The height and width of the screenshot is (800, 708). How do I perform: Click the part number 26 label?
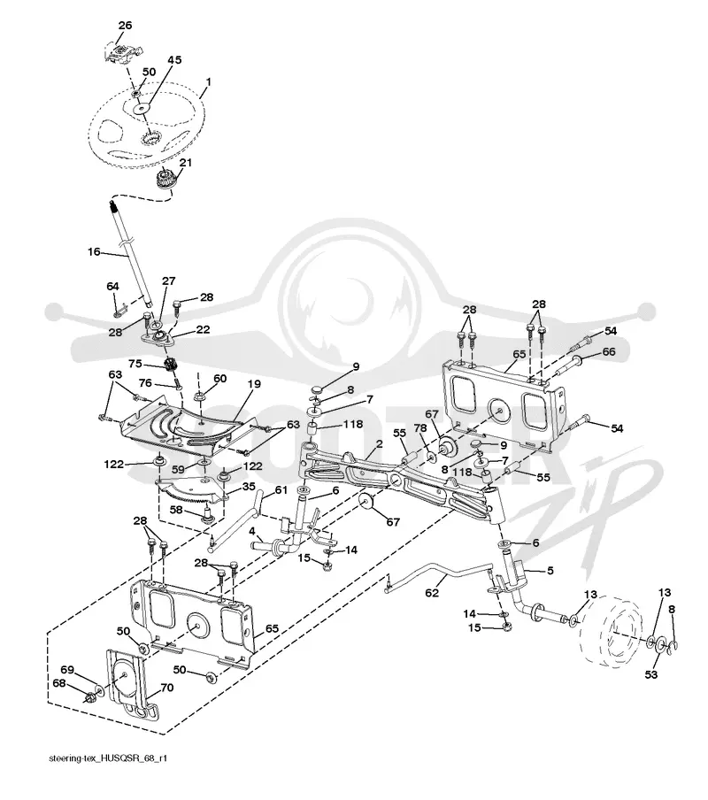(125, 25)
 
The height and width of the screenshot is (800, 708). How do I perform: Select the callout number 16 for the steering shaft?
(94, 252)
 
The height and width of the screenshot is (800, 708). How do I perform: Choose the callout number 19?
(254, 384)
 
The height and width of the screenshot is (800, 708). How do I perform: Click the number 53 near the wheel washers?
(650, 674)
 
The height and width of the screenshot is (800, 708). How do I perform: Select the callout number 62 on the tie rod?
(432, 593)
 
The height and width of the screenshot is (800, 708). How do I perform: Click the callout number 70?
(166, 688)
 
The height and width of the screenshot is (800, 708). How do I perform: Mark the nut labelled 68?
(90, 696)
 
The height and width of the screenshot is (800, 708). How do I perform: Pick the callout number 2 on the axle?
(380, 444)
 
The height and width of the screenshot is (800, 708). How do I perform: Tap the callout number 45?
(174, 60)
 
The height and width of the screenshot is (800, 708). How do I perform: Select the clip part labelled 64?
(121, 309)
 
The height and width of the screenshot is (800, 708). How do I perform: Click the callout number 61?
(281, 490)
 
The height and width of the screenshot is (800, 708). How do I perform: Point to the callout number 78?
(420, 428)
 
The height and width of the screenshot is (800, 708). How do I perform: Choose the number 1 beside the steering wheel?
(208, 81)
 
